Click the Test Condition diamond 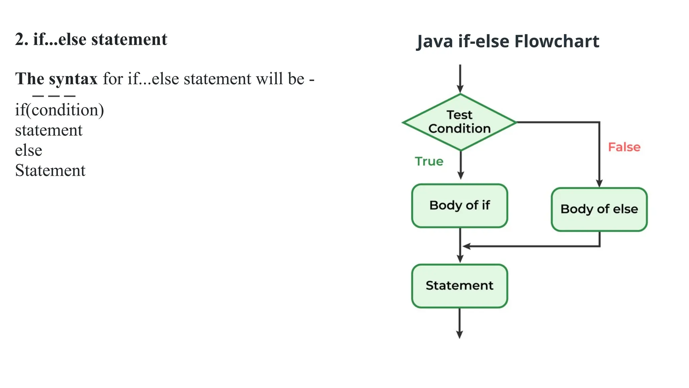[460, 122]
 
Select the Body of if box [460, 205]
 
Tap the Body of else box [599, 209]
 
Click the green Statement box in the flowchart [460, 286]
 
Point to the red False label [624, 147]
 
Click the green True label [429, 161]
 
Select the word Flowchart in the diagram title [557, 41]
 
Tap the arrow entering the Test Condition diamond [460, 79]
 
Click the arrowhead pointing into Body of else [599, 183]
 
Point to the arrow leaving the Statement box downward [460, 323]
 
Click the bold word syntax [73, 79]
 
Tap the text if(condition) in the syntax [60, 110]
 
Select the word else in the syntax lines [29, 150]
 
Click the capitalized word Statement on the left [50, 170]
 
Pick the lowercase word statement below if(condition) [49, 130]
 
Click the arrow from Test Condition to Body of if [461, 165]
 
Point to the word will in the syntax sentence [270, 79]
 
